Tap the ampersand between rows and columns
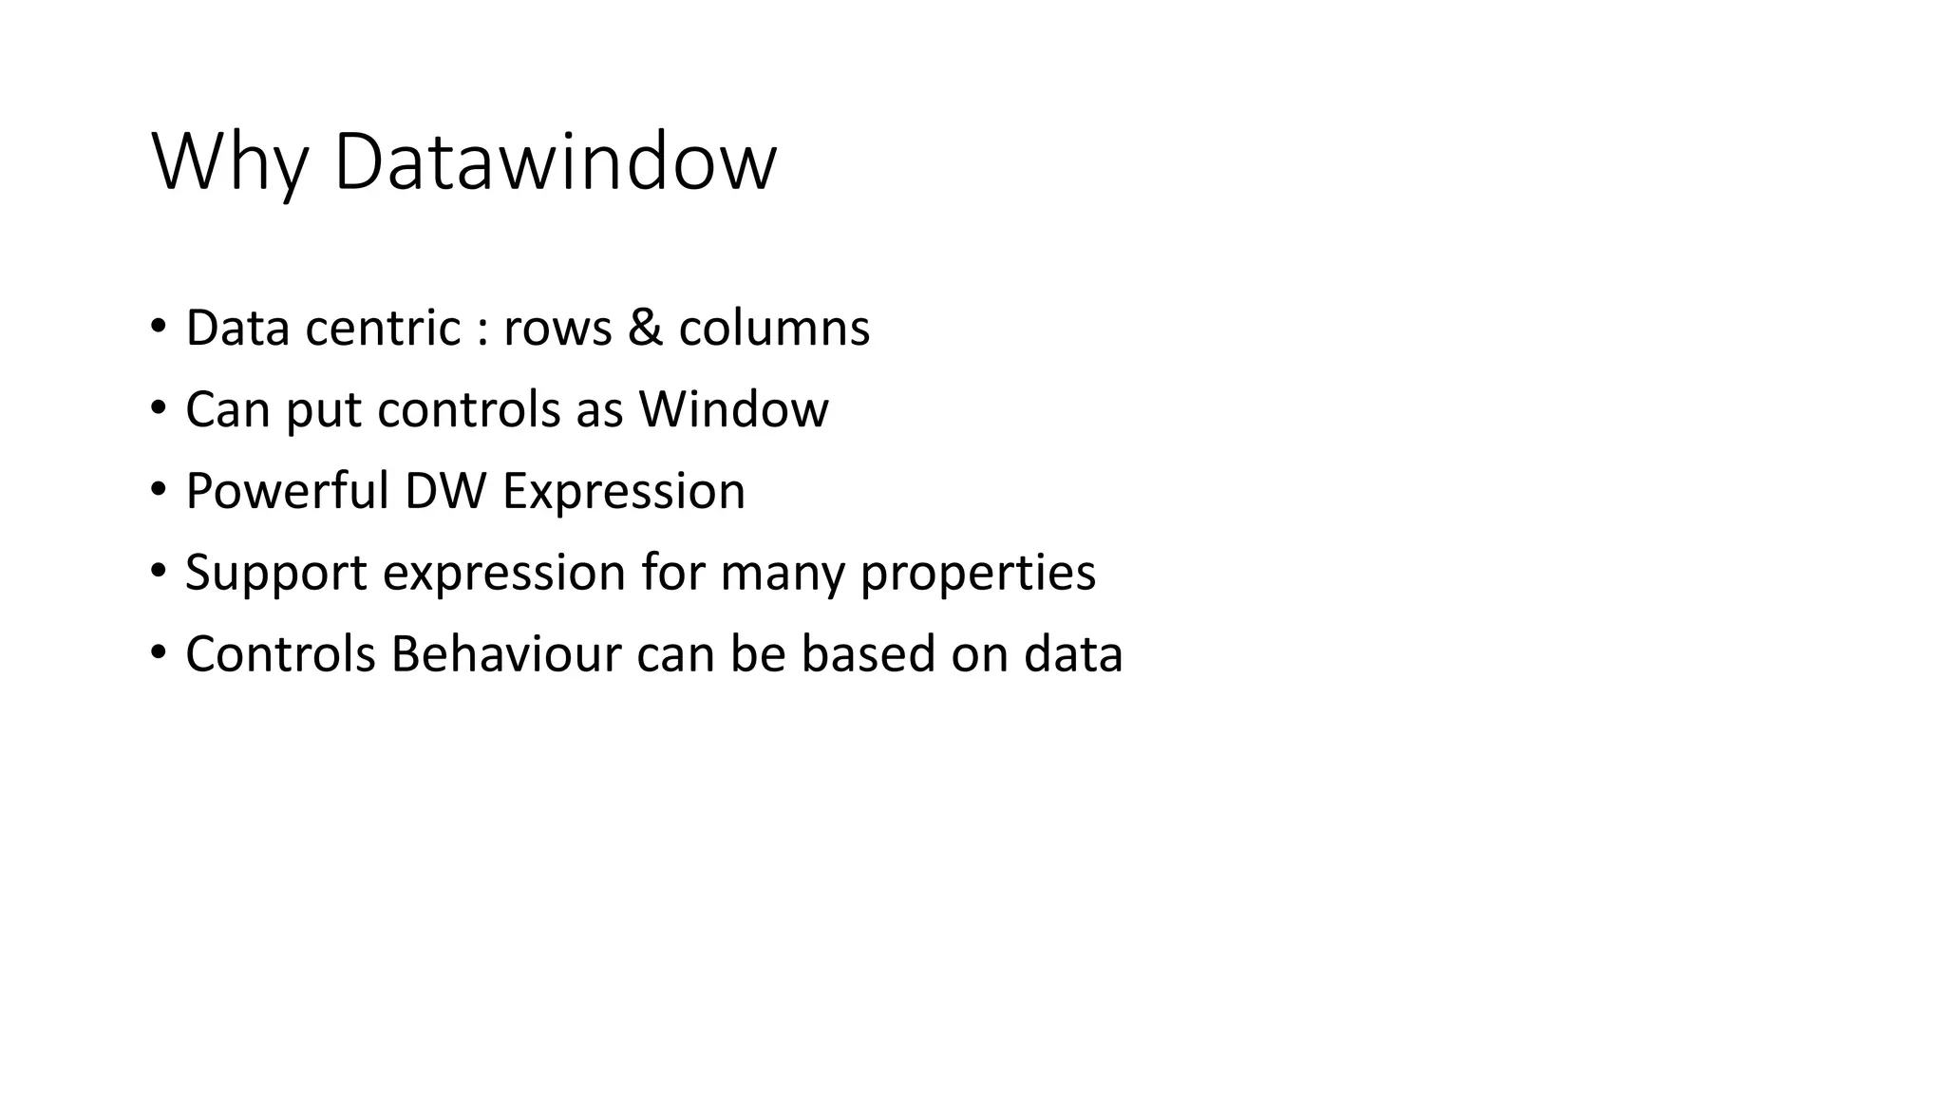[645, 329]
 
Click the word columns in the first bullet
[774, 329]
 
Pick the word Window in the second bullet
[733, 410]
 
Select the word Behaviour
[505, 655]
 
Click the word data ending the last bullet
[1073, 655]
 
